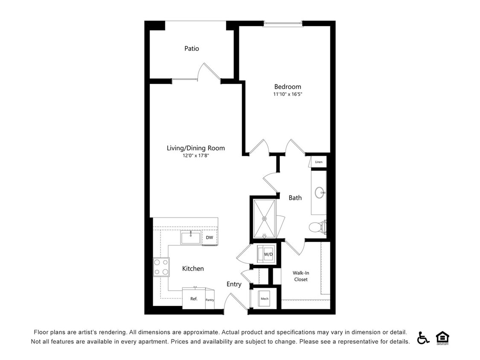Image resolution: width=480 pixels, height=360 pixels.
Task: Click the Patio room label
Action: point(192,49)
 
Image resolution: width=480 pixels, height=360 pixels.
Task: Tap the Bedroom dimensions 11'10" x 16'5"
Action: point(288,94)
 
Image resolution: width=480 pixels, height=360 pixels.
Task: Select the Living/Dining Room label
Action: point(195,148)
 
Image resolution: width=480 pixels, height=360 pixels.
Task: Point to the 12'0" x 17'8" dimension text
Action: point(196,156)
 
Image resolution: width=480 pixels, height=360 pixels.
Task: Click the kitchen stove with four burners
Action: point(161,267)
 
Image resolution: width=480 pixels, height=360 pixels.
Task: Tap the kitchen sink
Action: point(190,237)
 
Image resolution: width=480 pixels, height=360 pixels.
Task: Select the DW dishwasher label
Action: point(209,238)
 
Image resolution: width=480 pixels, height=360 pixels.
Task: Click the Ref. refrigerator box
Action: point(194,299)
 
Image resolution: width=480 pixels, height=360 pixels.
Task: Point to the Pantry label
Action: point(209,300)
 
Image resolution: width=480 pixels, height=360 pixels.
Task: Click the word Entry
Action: point(234,284)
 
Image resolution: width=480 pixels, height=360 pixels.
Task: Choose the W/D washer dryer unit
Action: point(266,255)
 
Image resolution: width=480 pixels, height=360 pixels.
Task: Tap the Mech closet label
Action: point(265,299)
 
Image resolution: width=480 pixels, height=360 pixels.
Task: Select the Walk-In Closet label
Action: point(301,276)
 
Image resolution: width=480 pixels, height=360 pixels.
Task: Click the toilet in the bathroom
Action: point(317,227)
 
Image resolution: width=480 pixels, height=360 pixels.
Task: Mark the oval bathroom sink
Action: point(320,193)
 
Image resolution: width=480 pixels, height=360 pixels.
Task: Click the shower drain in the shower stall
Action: point(264,219)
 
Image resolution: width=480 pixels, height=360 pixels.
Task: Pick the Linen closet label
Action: point(318,162)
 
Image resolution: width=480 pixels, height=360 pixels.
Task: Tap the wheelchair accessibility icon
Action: point(423,337)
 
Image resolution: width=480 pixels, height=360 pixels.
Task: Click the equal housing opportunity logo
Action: point(442,337)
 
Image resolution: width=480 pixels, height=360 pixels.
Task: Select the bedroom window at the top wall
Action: point(283,24)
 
